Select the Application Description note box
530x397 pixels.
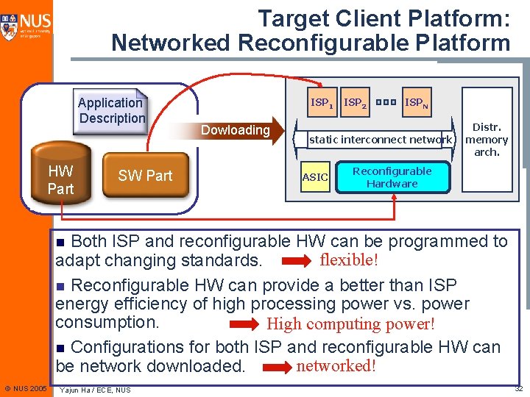click(112, 110)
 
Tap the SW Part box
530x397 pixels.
click(145, 176)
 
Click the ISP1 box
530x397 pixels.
click(322, 104)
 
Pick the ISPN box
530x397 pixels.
click(416, 104)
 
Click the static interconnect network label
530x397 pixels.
click(380, 139)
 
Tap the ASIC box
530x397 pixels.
click(315, 177)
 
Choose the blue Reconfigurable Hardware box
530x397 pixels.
click(392, 177)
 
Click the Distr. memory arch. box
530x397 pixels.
click(487, 140)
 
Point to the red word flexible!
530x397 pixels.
click(349, 260)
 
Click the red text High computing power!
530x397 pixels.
click(350, 323)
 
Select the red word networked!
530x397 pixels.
click(336, 365)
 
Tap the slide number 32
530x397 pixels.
click(517, 388)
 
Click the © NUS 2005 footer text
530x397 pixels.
click(25, 388)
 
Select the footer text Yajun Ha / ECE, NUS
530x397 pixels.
click(96, 390)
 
